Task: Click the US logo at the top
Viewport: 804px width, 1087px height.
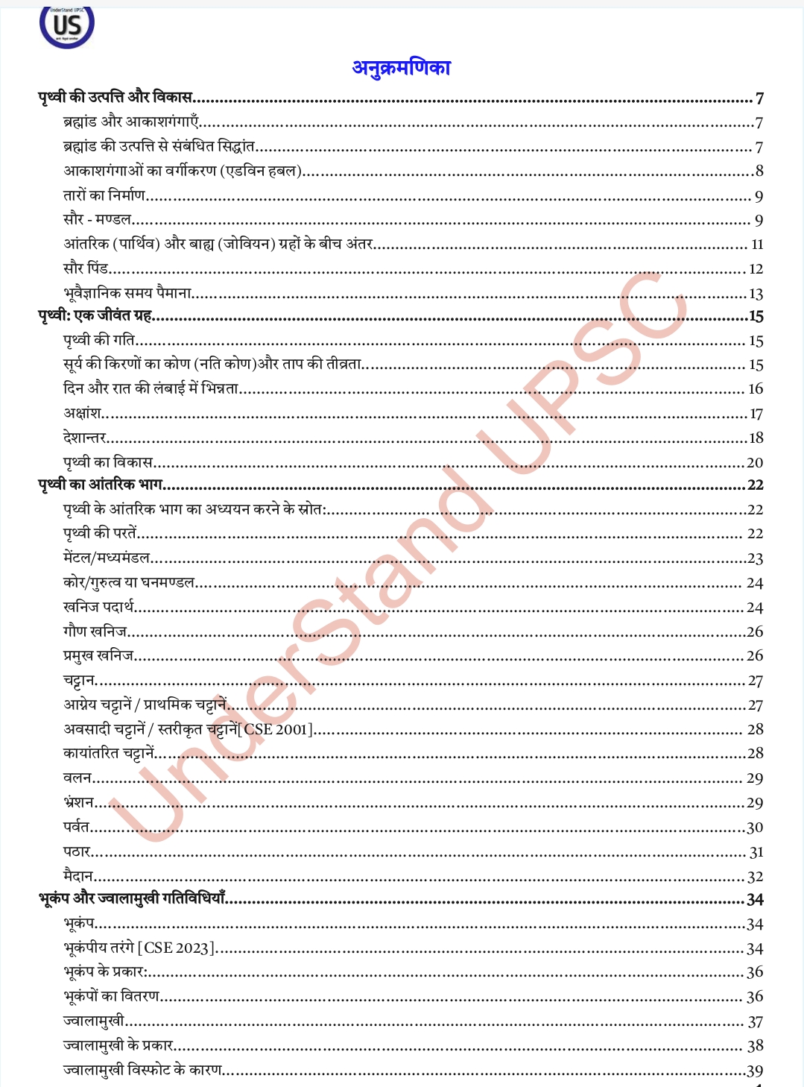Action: click(x=67, y=26)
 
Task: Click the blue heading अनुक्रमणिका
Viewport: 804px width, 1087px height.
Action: click(x=401, y=68)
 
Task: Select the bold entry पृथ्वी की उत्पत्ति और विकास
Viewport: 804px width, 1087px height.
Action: click(x=115, y=97)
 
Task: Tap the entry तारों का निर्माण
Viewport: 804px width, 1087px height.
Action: click(x=104, y=195)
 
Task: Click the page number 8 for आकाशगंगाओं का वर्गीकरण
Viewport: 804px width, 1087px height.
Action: click(x=759, y=171)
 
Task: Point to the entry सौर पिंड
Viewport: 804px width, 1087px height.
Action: click(x=86, y=268)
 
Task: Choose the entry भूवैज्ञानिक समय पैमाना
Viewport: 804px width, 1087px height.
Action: click(x=128, y=293)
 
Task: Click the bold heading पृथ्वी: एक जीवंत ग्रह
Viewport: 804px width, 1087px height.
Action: click(x=95, y=315)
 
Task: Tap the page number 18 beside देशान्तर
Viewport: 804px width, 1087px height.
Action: click(x=756, y=438)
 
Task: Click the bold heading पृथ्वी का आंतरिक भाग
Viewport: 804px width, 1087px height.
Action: click(x=101, y=485)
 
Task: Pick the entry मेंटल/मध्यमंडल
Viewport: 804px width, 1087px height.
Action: click(x=107, y=558)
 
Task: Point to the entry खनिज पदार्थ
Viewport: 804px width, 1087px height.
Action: click(x=98, y=607)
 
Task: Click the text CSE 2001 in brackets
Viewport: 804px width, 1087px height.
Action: click(x=276, y=729)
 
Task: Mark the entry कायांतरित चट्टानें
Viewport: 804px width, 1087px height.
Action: click(x=109, y=753)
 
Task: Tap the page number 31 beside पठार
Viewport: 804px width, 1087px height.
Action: click(x=756, y=852)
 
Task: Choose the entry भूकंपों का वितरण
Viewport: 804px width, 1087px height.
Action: click(x=112, y=996)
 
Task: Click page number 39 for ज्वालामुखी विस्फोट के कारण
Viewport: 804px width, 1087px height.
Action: click(x=755, y=1071)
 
